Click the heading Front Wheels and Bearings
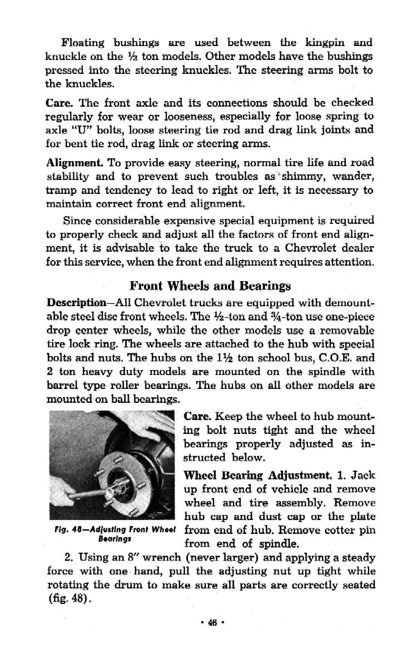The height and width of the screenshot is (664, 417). (x=210, y=286)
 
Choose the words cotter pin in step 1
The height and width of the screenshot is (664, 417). (x=350, y=530)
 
